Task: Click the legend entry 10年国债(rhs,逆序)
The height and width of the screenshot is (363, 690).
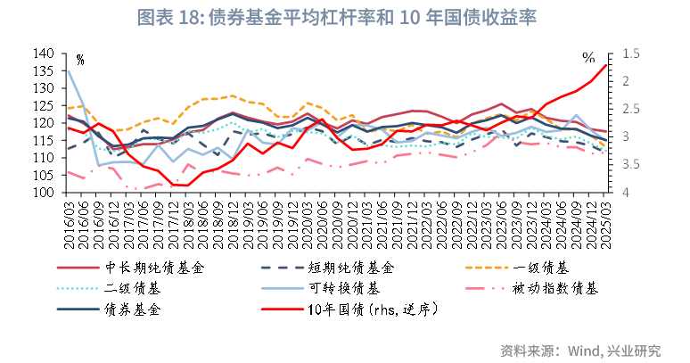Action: tap(371, 309)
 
